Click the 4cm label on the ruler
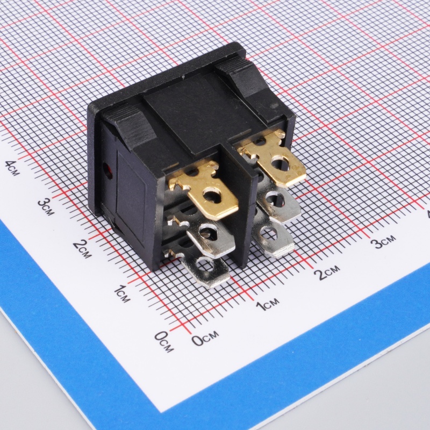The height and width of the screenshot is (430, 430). [x=12, y=168]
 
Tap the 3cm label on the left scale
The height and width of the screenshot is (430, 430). [x=46, y=206]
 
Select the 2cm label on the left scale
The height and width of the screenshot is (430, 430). [x=82, y=249]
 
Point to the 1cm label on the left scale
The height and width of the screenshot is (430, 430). [x=122, y=293]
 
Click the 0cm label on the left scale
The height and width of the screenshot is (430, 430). [x=164, y=341]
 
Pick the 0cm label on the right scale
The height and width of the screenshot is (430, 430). [x=205, y=339]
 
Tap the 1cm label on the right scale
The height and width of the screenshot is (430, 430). [x=268, y=304]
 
